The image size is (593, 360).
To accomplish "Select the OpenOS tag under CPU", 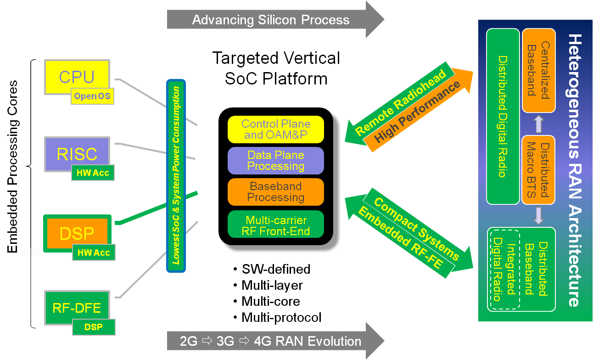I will [92, 96].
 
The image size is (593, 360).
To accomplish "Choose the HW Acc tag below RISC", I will [92, 173].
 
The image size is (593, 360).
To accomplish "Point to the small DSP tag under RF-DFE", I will [93, 327].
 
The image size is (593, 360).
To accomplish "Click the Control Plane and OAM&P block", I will [276, 129].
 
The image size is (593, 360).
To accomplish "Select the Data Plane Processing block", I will [276, 161].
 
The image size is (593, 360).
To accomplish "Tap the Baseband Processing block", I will [276, 192].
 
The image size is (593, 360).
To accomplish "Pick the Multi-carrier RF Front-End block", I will [276, 225].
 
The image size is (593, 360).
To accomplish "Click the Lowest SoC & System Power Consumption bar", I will [176, 176].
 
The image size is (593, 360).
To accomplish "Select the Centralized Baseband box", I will [538, 70].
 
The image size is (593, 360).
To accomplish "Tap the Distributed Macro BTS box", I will [538, 170].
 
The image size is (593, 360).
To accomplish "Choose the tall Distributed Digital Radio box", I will [503, 117].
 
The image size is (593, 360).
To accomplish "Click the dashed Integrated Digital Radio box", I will [504, 269].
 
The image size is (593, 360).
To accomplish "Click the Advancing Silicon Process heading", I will [271, 20].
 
